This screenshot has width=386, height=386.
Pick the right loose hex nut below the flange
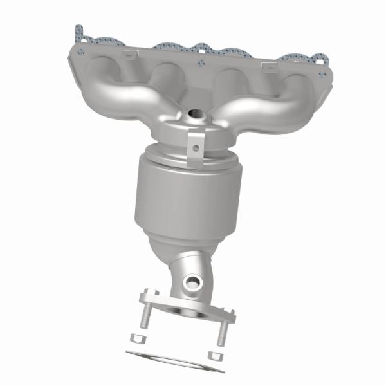(x=215, y=354)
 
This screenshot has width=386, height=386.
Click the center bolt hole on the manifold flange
(x=201, y=62)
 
